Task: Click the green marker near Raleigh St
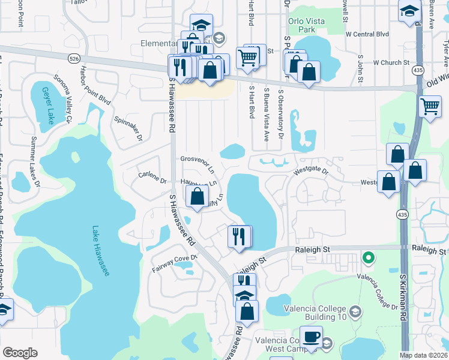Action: pyautogui.click(x=369, y=259)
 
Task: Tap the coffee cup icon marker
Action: pyautogui.click(x=311, y=337)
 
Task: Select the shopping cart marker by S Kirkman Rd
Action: pyautogui.click(x=430, y=107)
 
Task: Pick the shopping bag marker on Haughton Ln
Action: pyautogui.click(x=197, y=196)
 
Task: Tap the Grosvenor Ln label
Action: pyautogui.click(x=197, y=163)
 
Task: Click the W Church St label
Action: pyautogui.click(x=391, y=62)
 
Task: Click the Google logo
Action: pyautogui.click(x=20, y=353)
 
